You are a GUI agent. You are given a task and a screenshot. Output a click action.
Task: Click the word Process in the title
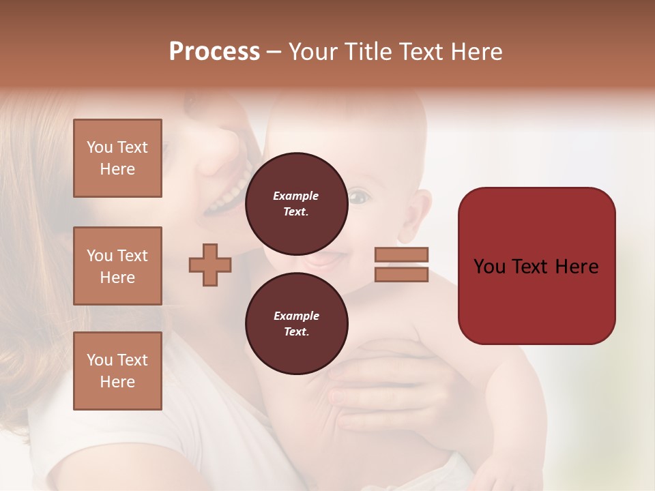point(214,52)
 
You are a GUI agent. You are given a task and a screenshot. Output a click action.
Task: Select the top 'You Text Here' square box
point(117,158)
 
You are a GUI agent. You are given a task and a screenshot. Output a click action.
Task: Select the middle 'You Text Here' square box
point(117,266)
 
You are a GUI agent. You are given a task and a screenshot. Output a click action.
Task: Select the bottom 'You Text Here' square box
point(117,370)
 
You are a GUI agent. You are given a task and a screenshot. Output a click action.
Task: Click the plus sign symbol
point(210,265)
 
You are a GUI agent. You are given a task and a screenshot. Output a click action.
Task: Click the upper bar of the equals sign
point(402,254)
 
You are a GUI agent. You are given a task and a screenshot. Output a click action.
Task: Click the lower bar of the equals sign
point(402,274)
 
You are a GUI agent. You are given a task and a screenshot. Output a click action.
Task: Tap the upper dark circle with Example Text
point(296,204)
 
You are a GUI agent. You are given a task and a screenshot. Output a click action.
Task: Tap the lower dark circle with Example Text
point(296,324)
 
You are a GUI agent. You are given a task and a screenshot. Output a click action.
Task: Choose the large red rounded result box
point(536,265)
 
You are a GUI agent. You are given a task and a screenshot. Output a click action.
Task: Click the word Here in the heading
point(477,52)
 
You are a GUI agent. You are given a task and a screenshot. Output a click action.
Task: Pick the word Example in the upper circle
point(296,196)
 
